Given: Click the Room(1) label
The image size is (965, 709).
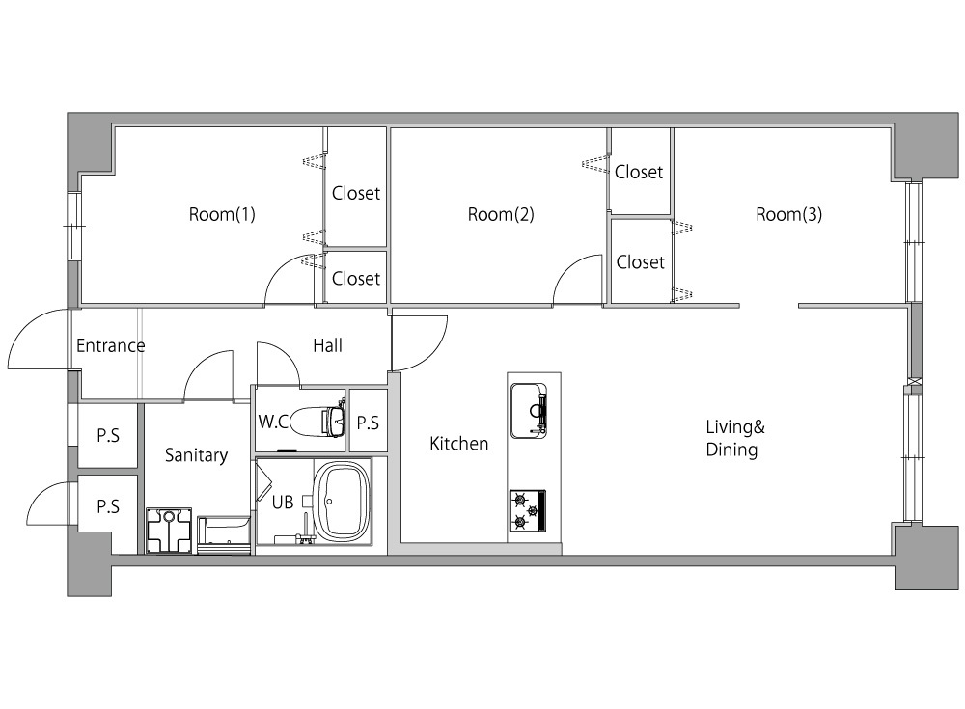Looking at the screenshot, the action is click(x=222, y=215).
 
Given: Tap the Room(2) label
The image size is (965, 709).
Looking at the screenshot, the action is click(x=501, y=215).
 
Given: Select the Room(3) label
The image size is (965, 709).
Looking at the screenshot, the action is click(x=789, y=215).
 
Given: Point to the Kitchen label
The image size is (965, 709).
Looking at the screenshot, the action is click(x=459, y=443).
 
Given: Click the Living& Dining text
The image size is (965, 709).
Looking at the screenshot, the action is click(x=734, y=438).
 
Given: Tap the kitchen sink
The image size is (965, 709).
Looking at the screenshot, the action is click(x=529, y=411).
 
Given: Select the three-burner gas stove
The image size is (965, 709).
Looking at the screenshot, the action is click(x=528, y=511).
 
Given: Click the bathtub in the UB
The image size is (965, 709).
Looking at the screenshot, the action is click(x=343, y=503).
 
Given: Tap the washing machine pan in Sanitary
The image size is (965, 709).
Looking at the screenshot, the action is click(x=169, y=531).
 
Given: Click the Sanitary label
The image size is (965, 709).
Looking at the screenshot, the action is click(x=196, y=455).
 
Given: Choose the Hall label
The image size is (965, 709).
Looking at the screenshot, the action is click(x=327, y=346).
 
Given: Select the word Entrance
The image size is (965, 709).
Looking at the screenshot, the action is click(x=111, y=346).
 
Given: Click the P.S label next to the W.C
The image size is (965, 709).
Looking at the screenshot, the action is click(x=368, y=423).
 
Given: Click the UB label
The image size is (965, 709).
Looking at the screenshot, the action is click(x=283, y=503).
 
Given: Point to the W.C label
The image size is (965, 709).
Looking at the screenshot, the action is click(x=273, y=422).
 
